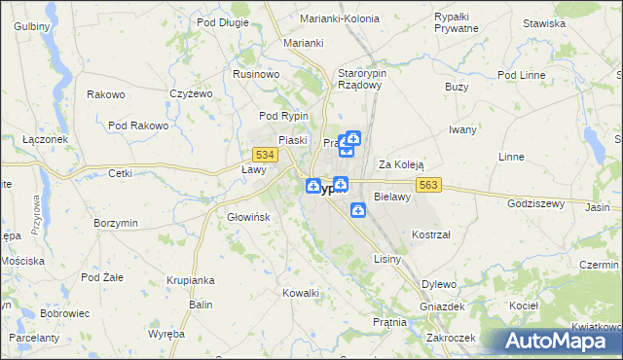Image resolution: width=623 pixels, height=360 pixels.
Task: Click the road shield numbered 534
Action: point(262,155)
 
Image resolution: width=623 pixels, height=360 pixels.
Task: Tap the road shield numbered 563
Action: point(431,185)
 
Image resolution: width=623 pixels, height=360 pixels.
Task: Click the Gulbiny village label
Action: point(31,26)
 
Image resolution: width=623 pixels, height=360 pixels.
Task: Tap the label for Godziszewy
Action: point(536,203)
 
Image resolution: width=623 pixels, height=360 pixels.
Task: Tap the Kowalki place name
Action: point(301,293)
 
